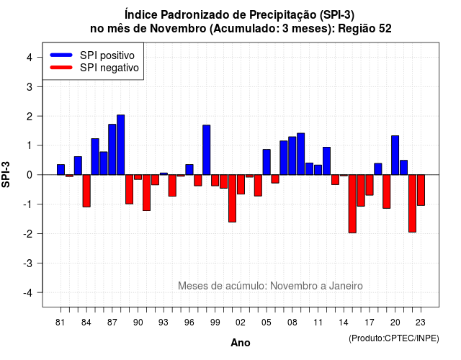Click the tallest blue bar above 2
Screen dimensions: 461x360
120,145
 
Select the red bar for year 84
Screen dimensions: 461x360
86,191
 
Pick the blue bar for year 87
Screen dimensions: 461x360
112,150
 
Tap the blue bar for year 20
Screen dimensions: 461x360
395,156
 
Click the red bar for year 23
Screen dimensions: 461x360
421,190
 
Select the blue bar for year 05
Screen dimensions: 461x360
267,162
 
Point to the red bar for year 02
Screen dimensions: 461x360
241,184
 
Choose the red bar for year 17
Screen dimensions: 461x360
370,185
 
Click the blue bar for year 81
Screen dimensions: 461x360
61,170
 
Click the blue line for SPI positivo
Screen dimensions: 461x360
61,55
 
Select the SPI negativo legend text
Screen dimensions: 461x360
109,68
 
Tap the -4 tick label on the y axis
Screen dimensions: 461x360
28,293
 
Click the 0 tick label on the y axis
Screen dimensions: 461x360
30,175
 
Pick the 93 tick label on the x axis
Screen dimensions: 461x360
164,323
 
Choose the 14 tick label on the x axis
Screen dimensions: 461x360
344,323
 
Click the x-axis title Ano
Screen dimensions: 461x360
241,343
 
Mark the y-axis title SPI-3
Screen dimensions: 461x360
6,174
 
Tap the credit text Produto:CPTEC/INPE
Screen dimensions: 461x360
394,338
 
